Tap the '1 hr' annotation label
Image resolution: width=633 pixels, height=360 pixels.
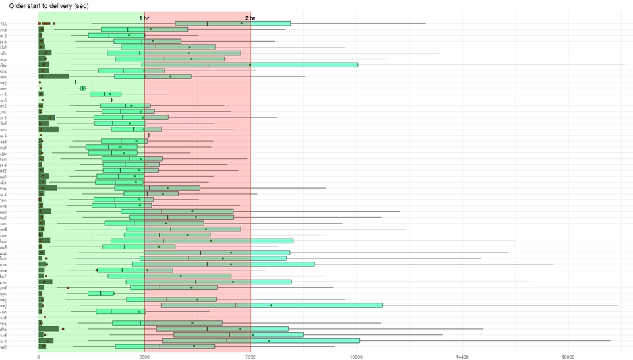[144, 18]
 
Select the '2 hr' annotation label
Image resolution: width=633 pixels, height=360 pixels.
[251, 18]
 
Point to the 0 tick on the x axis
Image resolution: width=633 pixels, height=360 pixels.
[38, 357]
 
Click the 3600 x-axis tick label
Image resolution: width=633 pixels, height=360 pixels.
[144, 357]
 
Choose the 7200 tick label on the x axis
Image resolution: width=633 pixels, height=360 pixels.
[251, 357]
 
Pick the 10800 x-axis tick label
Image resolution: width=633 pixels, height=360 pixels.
[356, 357]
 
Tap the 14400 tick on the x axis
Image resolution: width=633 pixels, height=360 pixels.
[462, 357]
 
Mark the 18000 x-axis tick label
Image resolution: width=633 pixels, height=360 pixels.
[568, 357]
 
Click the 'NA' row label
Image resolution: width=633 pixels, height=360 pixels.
[4, 24]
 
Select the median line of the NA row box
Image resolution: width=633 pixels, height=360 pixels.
[207, 24]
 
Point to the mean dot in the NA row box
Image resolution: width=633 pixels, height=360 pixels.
[241, 24]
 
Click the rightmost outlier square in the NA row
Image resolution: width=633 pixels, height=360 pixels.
[54, 24]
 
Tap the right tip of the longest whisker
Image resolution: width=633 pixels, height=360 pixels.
[625, 65]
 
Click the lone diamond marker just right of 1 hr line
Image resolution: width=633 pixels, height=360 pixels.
[149, 135]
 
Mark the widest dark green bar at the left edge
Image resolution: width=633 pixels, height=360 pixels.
[53, 76]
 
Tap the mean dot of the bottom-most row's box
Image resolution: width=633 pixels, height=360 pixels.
[193, 346]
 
